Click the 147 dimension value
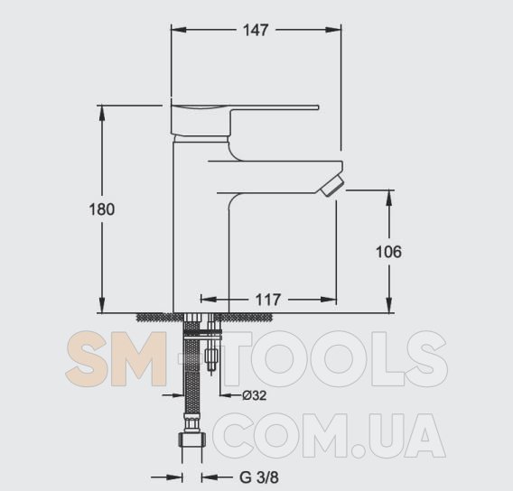256,30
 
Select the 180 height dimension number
102,209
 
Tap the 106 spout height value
388,252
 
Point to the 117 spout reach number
267,300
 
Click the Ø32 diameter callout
255,395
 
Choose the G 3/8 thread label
259,477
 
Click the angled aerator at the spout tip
332,185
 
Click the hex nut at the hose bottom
192,440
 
